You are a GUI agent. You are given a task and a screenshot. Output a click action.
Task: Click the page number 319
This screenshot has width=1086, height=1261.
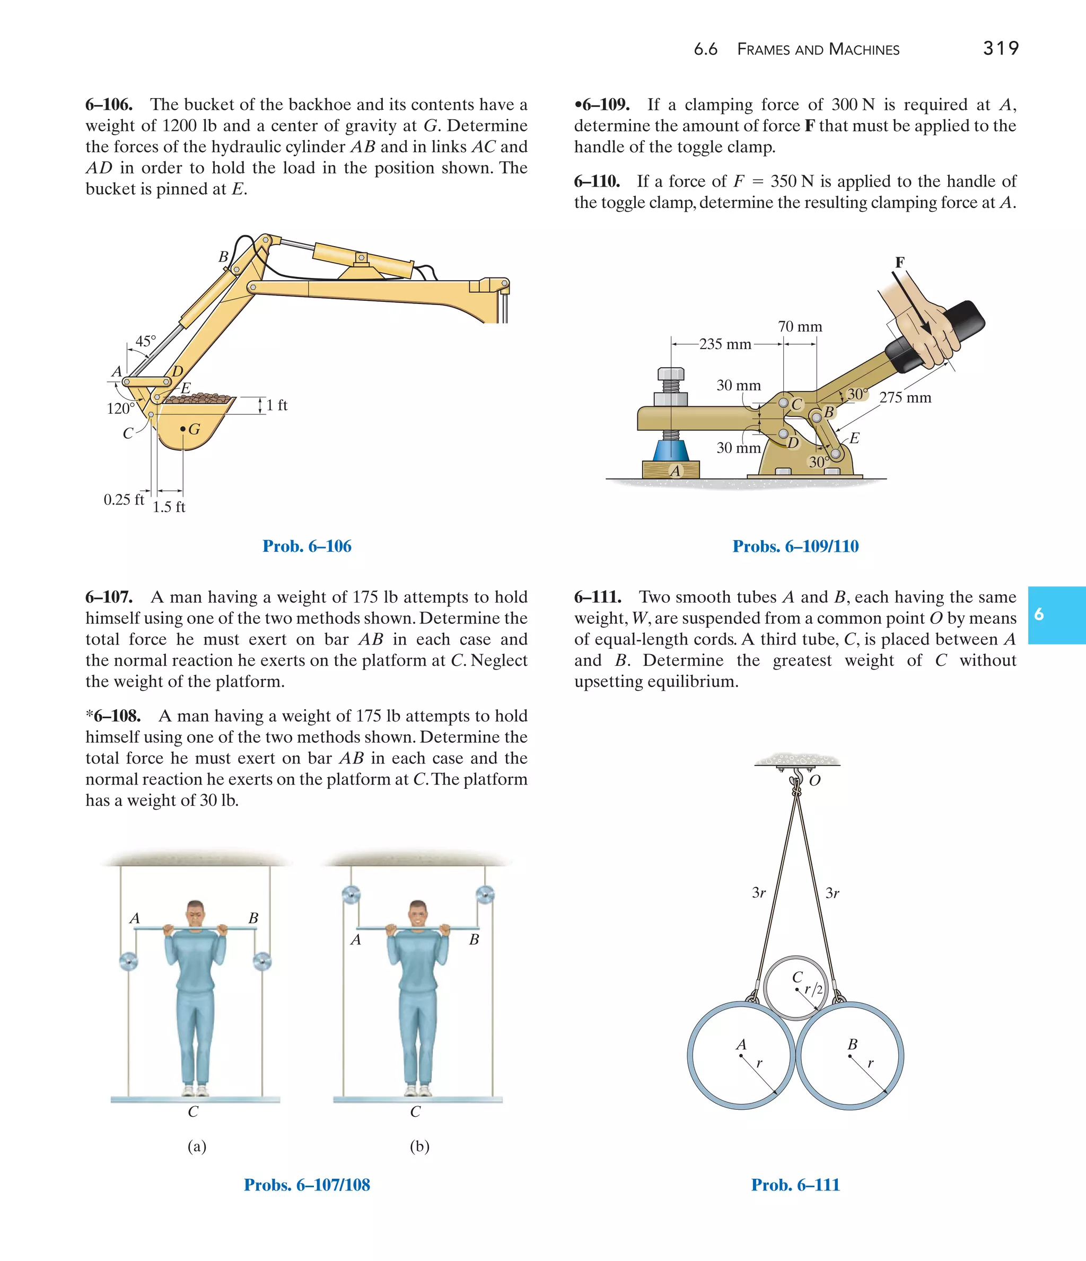coord(1000,49)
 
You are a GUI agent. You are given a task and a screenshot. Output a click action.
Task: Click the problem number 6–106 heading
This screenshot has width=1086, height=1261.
coord(109,105)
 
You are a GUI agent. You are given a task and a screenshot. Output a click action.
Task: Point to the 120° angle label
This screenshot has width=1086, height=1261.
coord(120,408)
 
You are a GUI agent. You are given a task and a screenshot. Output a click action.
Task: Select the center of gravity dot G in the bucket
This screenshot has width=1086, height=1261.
coord(182,430)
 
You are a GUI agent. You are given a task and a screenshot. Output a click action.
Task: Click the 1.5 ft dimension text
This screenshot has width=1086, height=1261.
coord(169,507)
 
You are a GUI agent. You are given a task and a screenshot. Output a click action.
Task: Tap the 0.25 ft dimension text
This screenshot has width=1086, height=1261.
coord(124,500)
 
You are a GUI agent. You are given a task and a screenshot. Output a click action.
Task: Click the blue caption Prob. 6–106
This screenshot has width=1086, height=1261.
coord(306,546)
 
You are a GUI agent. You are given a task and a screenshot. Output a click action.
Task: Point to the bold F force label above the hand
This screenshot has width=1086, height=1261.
coord(899,262)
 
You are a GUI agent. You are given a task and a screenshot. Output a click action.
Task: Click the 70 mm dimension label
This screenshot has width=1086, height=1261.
coord(800,327)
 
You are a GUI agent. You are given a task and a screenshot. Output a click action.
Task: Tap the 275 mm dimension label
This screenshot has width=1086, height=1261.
coord(905,397)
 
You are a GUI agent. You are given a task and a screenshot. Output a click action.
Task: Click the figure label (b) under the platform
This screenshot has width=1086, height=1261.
coord(419,1146)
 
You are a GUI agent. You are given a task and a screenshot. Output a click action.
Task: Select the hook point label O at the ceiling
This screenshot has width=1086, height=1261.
coord(814,780)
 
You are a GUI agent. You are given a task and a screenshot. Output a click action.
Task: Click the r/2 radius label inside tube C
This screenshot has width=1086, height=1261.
coord(813,989)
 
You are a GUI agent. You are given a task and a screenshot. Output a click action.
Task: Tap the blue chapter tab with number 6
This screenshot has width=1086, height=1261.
coord(1056,615)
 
